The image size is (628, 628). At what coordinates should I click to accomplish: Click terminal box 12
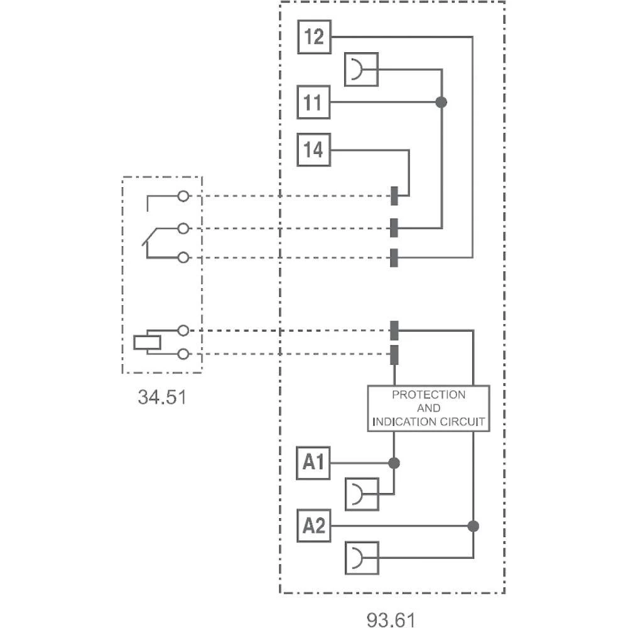(314, 37)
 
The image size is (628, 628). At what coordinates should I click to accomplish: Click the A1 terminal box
(313, 463)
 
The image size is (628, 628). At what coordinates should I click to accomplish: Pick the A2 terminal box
(313, 526)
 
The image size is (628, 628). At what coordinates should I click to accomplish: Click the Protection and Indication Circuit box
(428, 408)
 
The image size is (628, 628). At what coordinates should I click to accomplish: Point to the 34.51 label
(162, 397)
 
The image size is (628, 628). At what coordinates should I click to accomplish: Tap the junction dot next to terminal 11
(441, 102)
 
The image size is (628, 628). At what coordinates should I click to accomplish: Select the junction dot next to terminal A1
(394, 463)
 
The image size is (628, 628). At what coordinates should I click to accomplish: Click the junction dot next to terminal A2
(473, 526)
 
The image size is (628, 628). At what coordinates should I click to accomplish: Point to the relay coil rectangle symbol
(147, 343)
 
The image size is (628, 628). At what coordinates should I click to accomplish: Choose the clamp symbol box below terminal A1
(362, 494)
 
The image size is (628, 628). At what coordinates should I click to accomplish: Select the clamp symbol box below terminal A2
(362, 557)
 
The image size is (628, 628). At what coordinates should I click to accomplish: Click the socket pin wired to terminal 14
(394, 196)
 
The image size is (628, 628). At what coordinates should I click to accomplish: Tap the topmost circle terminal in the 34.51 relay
(183, 197)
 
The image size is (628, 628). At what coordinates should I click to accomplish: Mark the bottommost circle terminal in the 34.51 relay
(183, 355)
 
